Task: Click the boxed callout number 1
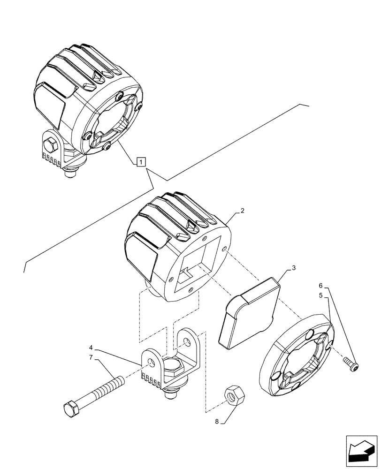coord(141,162)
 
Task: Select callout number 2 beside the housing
coord(242,211)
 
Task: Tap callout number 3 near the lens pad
coord(293,268)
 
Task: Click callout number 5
coord(320,295)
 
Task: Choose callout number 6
coord(320,285)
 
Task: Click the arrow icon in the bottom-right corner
coord(360,451)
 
